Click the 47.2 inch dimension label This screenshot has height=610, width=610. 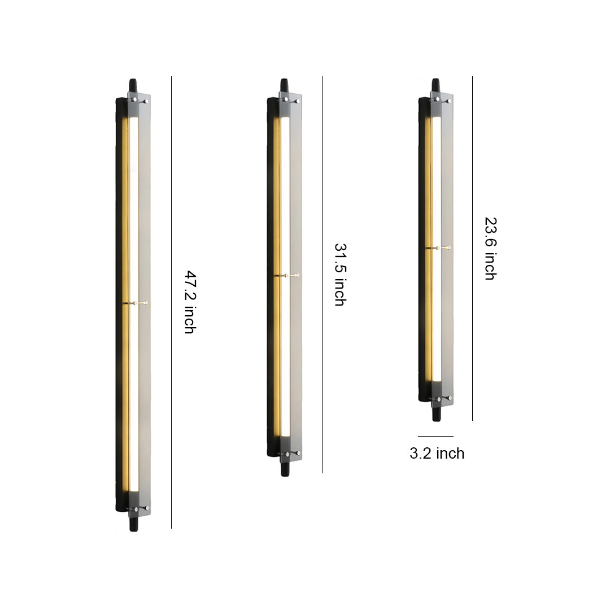[190, 302]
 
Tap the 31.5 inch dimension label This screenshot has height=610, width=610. [340, 274]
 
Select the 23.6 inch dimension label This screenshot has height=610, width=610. [490, 249]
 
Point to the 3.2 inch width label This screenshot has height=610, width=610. [437, 454]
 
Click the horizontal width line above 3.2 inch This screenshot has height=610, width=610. [435, 436]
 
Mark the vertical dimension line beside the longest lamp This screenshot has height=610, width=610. [171, 302]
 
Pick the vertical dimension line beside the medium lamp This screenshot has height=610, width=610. [322, 274]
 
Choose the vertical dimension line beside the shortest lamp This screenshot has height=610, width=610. [472, 249]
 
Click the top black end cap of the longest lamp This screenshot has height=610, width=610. [134, 86]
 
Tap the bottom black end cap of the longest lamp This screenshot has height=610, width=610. [134, 525]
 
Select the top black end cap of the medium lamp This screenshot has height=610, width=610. [285, 86]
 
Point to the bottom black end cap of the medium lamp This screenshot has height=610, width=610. [285, 469]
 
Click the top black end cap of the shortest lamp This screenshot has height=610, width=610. [435, 86]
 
